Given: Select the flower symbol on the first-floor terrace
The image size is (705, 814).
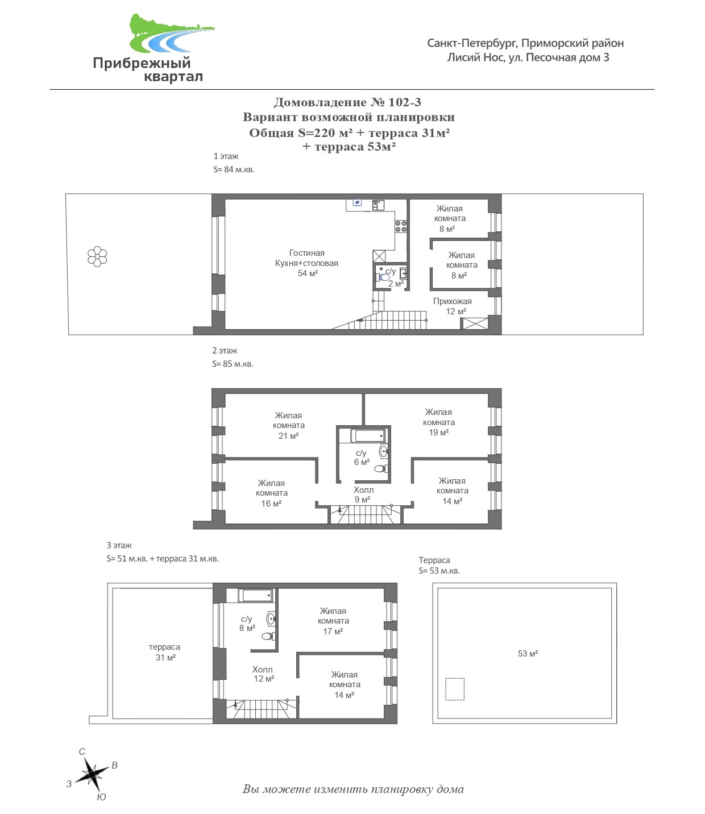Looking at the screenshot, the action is (x=97, y=257).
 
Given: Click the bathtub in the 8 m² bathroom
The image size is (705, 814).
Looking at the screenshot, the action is (x=256, y=595).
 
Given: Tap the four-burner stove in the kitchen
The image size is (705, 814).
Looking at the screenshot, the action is (x=401, y=226).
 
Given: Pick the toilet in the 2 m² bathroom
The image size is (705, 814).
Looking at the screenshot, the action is (x=383, y=277).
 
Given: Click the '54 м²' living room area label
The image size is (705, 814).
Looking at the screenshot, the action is (x=308, y=273).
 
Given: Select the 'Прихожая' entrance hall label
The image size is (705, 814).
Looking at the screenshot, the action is (x=452, y=301).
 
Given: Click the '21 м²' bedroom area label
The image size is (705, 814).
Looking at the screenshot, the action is (x=288, y=436).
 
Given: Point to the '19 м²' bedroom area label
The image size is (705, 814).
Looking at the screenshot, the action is (x=438, y=433).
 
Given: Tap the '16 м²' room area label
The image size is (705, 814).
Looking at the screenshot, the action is (x=271, y=503).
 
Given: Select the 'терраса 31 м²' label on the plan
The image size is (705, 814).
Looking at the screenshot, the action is (x=165, y=652).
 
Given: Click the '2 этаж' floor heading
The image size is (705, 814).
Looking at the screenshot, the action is (x=225, y=351).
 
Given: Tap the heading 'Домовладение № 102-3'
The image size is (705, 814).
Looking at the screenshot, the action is (x=347, y=102).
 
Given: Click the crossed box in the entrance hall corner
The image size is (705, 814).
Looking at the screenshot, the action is (x=475, y=323).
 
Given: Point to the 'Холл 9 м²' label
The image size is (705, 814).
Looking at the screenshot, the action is (x=363, y=495).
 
